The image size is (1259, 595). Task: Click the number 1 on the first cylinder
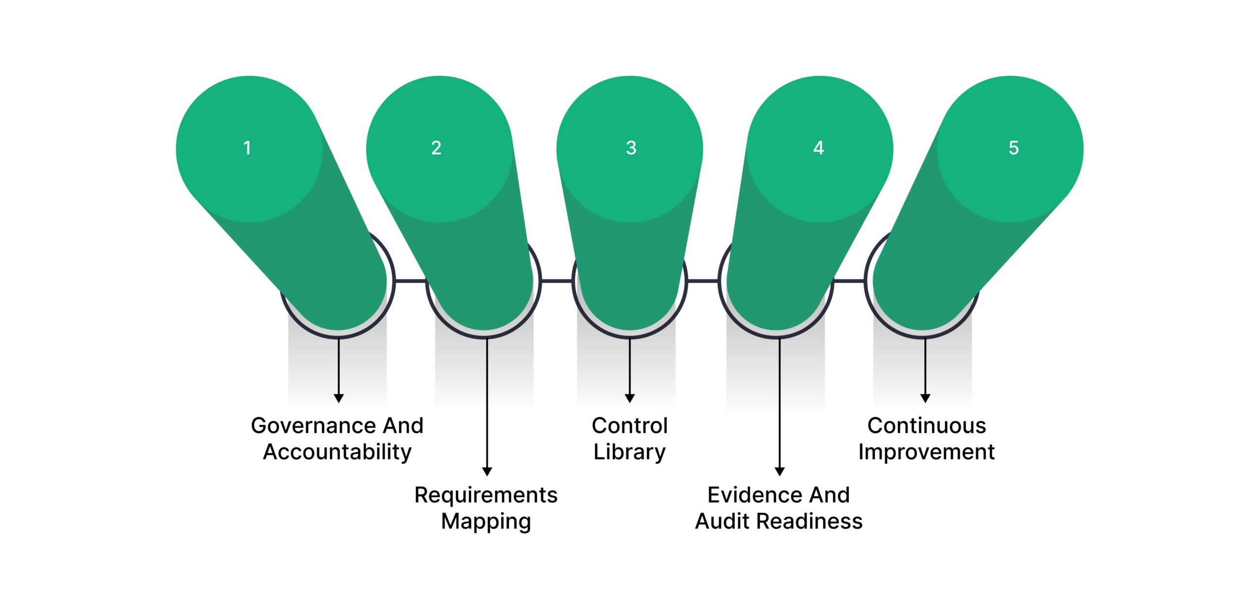pyautogui.click(x=247, y=148)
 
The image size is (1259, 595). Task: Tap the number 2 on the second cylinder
pyautogui.click(x=436, y=148)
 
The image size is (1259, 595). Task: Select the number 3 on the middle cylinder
pyautogui.click(x=631, y=148)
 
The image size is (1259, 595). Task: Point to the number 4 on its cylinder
pyautogui.click(x=818, y=148)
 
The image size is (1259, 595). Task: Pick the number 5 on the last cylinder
pyautogui.click(x=1014, y=148)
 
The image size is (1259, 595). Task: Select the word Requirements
pyautogui.click(x=486, y=495)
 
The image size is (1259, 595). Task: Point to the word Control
pyautogui.click(x=629, y=426)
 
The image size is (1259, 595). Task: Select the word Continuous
pyautogui.click(x=927, y=426)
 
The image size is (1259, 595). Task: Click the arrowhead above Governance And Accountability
pyautogui.click(x=338, y=398)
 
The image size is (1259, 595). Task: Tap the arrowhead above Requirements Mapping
pyautogui.click(x=487, y=471)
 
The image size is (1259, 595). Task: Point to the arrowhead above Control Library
pyautogui.click(x=629, y=398)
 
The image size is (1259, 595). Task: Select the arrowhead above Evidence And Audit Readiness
pyautogui.click(x=779, y=471)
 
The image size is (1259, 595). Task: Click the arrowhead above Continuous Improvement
pyautogui.click(x=925, y=398)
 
